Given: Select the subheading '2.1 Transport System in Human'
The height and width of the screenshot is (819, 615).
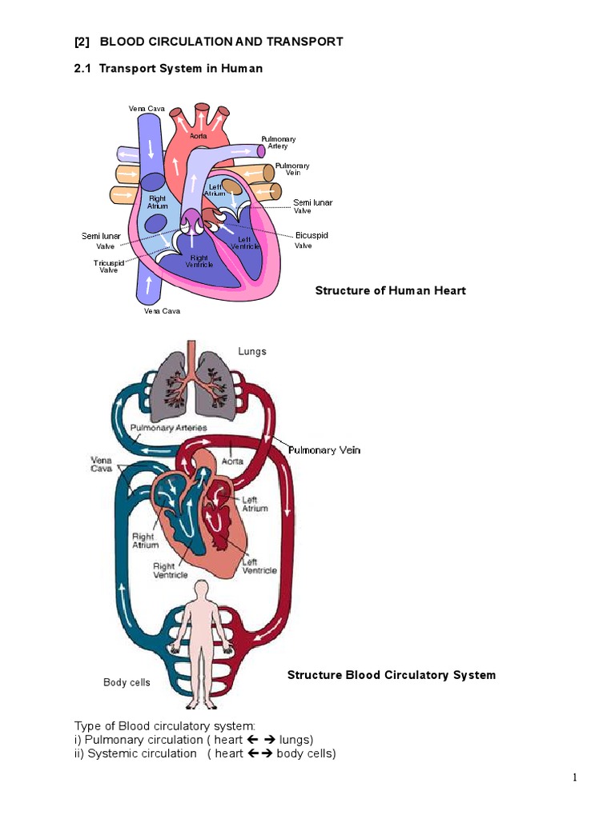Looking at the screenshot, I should [x=168, y=69].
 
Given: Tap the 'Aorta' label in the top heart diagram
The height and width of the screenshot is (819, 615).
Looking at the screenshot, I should [x=199, y=137].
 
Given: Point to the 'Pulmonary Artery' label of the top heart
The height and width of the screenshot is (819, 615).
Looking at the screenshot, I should [x=278, y=142].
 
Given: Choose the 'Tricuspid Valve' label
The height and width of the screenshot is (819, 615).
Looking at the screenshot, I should [x=108, y=266].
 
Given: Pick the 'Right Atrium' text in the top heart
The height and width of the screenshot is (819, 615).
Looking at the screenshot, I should [x=158, y=202].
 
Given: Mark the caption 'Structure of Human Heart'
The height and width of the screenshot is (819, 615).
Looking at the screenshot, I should [x=390, y=290].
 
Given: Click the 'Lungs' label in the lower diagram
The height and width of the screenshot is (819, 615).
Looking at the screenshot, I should [x=252, y=351].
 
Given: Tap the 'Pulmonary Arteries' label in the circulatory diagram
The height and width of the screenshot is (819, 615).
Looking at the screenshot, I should [x=168, y=428].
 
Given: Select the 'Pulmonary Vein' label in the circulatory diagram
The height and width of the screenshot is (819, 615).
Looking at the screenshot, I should [x=324, y=450].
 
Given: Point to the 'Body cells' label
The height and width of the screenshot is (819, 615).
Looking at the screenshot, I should [x=127, y=682].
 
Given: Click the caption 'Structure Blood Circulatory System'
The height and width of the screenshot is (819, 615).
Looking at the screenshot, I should [x=391, y=675].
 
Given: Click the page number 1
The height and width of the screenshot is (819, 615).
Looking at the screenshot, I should [x=575, y=777].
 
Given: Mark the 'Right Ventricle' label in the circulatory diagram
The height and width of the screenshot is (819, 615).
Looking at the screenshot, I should [x=171, y=570].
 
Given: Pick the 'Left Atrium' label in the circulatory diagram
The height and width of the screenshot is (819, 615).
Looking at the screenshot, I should [x=255, y=504].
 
